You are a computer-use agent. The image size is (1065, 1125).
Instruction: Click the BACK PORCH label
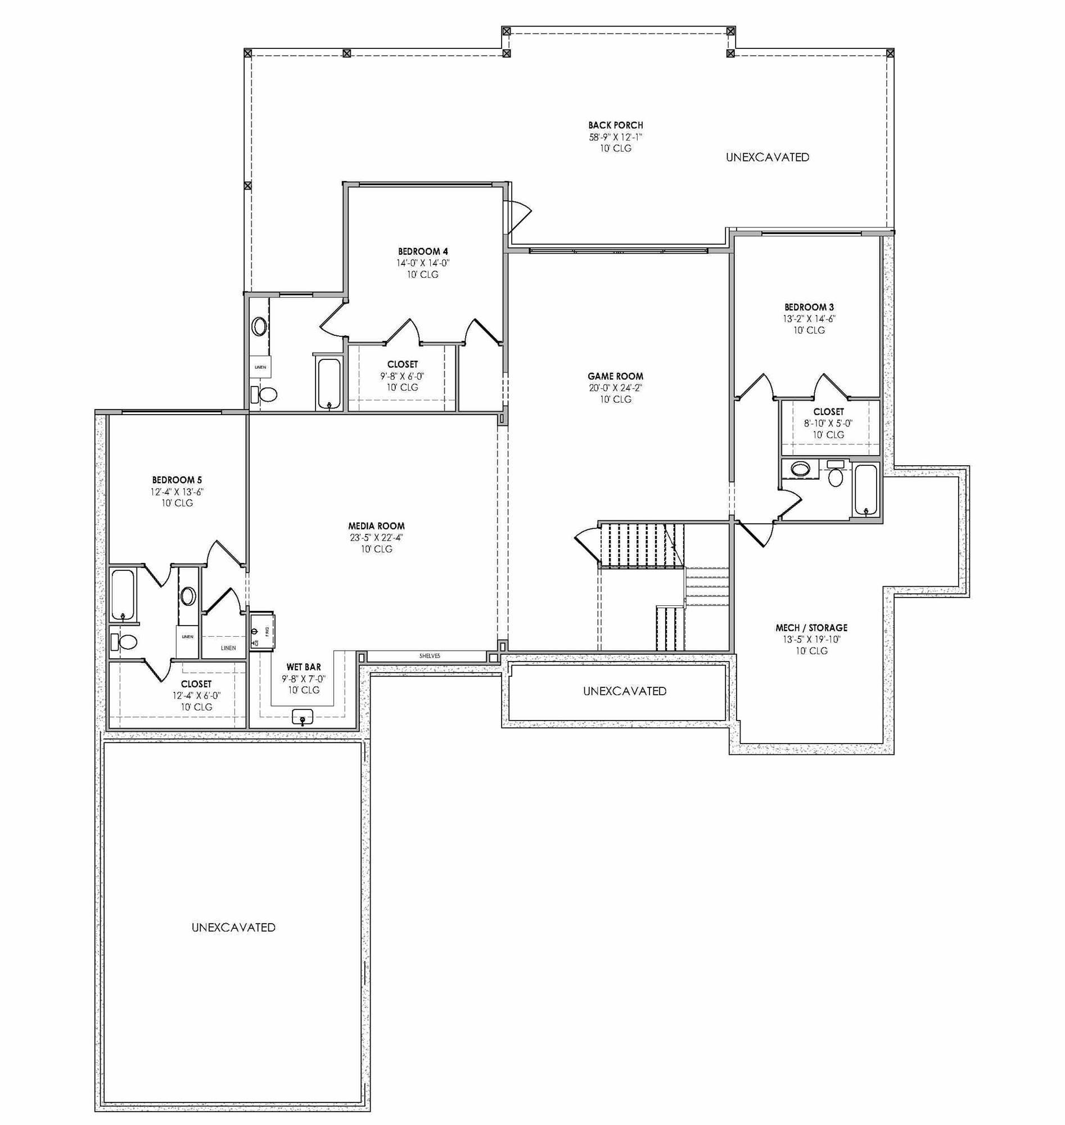tap(615, 125)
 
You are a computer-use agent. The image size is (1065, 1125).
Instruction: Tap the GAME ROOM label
tap(615, 376)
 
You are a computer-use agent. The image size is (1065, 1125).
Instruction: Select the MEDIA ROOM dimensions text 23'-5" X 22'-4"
tap(376, 538)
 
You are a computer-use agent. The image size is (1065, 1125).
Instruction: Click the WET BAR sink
tap(303, 717)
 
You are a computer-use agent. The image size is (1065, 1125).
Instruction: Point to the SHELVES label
tap(429, 656)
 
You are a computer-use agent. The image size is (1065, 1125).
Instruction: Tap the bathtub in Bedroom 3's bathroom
tap(866, 489)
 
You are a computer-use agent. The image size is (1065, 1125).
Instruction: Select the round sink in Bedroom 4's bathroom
tap(259, 327)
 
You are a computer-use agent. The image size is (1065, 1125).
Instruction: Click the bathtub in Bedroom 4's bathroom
tap(329, 382)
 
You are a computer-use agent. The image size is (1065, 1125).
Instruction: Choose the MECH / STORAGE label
tap(811, 628)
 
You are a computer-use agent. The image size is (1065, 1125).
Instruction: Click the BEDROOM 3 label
tap(809, 307)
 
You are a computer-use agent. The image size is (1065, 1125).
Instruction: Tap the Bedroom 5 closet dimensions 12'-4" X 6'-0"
tap(196, 696)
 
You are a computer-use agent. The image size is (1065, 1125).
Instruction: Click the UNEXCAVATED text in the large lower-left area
tap(233, 928)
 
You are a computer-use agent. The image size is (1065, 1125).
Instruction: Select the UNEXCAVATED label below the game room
tap(625, 691)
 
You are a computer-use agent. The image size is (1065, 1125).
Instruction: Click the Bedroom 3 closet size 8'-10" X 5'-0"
tap(828, 423)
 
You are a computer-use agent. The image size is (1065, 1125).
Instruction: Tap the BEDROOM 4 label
tap(423, 251)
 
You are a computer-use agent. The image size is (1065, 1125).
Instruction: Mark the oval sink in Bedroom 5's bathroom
tap(188, 596)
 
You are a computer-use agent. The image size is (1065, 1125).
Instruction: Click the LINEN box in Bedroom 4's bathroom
tap(260, 367)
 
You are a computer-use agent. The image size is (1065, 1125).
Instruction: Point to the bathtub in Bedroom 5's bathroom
tap(123, 594)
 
